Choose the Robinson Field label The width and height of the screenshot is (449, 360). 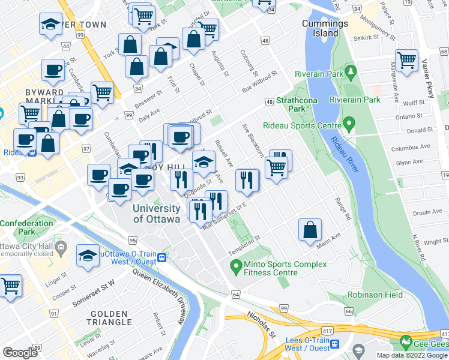tap(375, 295)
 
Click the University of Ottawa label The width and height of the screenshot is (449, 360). tap(156, 214)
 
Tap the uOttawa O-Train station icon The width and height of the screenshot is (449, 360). tap(162, 258)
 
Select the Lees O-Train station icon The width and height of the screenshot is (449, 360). tap(335, 344)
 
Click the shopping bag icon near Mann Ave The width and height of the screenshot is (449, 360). tap(310, 230)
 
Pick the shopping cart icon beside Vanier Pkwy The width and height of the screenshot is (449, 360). tap(407, 61)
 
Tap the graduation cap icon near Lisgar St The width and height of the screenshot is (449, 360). tap(88, 256)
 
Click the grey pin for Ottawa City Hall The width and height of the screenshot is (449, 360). tap(60, 247)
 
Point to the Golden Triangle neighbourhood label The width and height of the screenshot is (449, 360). tap(109, 319)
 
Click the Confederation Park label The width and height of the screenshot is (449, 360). tap(26, 227)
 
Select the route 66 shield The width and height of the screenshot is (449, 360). tap(348, 311)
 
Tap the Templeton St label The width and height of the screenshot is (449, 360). tap(244, 239)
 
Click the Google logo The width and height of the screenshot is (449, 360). tap(20, 353)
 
